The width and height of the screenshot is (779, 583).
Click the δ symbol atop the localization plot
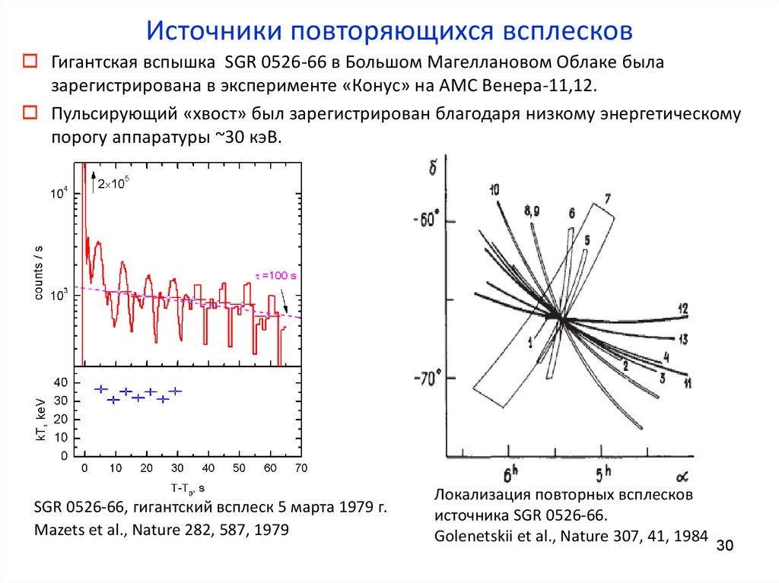point(433,166)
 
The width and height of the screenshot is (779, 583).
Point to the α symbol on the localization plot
point(682,476)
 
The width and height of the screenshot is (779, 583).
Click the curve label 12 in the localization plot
point(682,309)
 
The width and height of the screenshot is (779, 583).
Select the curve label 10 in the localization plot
point(494,190)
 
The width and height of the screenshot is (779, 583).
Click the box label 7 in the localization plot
point(608,199)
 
